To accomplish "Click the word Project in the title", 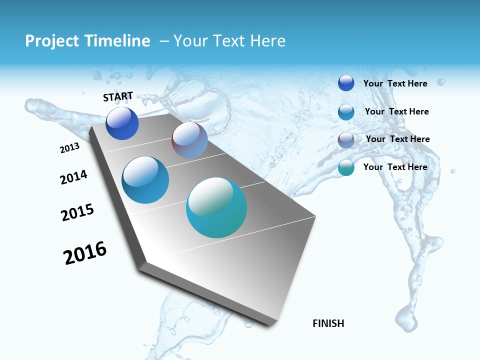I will point(51,41).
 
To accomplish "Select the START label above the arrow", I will point(118,96).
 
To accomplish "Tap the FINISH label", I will point(328,323).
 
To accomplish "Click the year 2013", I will point(69,148).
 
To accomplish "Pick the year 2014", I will point(73,177).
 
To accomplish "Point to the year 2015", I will point(77,212).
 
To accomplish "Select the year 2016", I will point(85,253).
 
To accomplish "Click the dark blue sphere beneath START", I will point(122,123).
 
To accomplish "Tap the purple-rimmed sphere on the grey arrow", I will point(189,140).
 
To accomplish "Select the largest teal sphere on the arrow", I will point(216,207).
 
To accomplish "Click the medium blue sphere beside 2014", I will point(145,180).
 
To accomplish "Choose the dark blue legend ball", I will point(346,83).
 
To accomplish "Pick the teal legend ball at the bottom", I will point(346,167).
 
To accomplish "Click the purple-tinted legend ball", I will point(346,140).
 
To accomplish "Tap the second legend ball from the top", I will point(346,112).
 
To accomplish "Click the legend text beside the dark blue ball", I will point(395,83).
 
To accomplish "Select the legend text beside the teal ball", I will point(395,167).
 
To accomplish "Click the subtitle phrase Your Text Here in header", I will point(229,41).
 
